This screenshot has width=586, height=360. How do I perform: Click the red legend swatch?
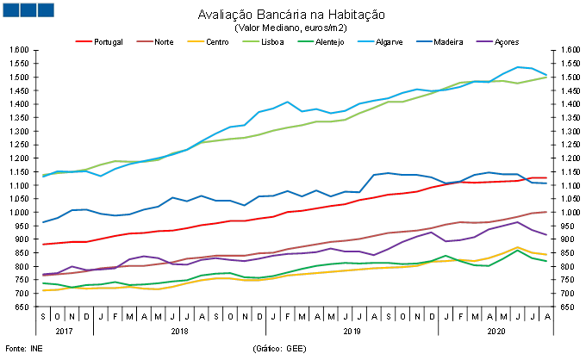pos(84,40)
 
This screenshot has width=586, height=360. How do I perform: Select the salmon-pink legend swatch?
pos(145,40)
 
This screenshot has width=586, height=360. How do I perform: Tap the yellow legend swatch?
pos(196,40)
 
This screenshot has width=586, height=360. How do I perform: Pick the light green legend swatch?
pos(251,40)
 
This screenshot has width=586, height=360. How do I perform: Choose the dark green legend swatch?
pos(306,40)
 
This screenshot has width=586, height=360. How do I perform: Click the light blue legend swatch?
pos(366,40)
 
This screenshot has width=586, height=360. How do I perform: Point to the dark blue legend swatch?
pos(424,40)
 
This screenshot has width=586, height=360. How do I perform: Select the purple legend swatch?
pos(485,40)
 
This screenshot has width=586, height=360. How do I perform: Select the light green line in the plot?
pos(259,134)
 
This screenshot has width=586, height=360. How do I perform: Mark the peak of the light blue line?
pos(520,67)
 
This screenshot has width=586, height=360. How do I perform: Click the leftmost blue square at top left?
pos(10,9)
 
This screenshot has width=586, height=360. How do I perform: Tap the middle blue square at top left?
pos(28,9)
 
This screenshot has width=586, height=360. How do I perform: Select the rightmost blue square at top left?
pos(45,9)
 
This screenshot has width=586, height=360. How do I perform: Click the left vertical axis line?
pos(36,189)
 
